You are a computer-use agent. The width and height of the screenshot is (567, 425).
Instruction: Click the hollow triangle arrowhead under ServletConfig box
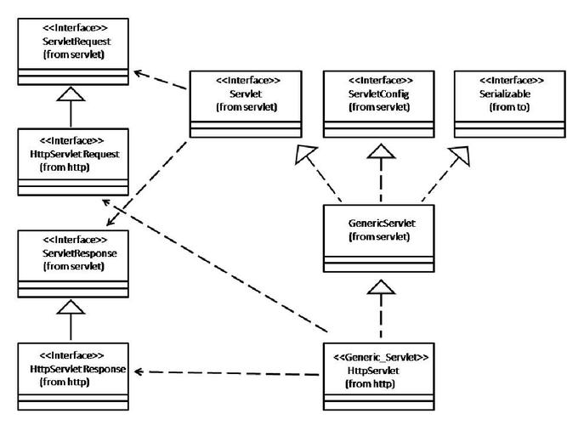pyautogui.click(x=381, y=151)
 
